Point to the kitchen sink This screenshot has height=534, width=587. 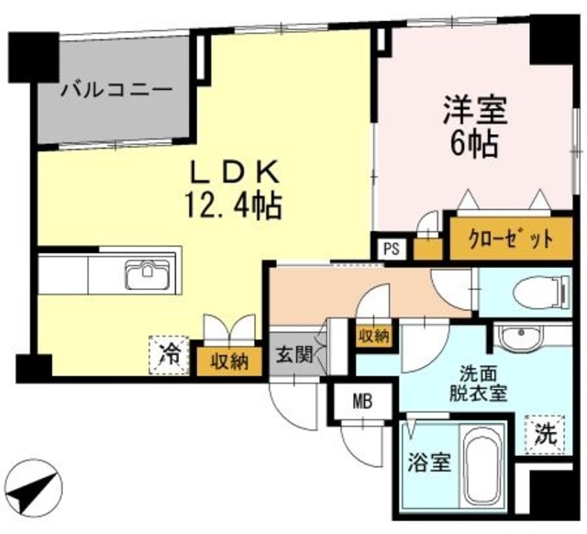point(145,273)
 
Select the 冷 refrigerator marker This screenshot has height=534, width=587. point(171,351)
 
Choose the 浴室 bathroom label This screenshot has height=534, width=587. point(429,462)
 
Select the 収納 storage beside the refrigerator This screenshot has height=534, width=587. point(227,361)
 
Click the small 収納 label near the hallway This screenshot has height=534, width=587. point(374,336)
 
